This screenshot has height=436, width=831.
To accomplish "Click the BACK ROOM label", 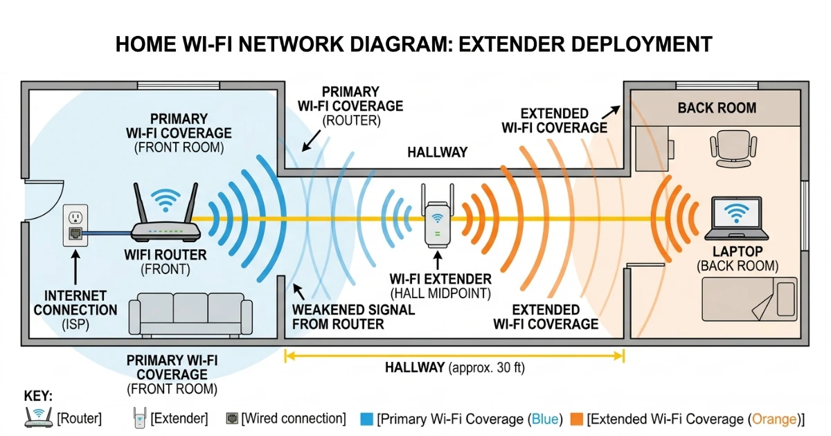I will [717, 108].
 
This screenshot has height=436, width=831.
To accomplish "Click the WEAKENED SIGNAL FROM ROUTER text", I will [353, 317].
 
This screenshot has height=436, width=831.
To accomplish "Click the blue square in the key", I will [368, 419].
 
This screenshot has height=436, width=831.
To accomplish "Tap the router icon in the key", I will [38, 417].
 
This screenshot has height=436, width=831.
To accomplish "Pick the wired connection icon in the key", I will [232, 419].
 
